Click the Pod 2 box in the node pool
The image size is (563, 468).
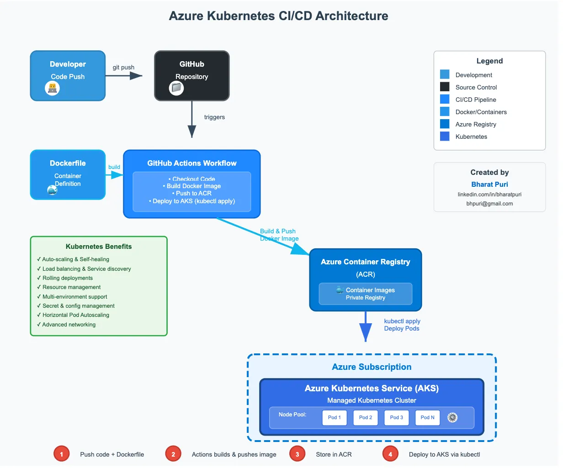(366, 417)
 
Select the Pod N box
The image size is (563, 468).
(428, 417)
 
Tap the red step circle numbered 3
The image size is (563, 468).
(297, 454)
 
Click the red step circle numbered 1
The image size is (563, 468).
(61, 454)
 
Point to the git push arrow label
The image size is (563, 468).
(123, 67)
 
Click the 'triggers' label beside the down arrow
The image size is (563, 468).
(214, 117)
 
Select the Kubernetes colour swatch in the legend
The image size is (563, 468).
(445, 137)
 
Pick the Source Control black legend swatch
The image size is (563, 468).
(445, 87)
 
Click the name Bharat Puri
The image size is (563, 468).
(489, 184)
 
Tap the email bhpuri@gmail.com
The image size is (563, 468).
(489, 204)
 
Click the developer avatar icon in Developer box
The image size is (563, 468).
(53, 88)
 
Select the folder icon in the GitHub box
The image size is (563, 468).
(176, 88)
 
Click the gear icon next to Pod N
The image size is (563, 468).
(452, 417)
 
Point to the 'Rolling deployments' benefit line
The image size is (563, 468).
(67, 278)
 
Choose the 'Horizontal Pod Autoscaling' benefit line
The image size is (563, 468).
(75, 315)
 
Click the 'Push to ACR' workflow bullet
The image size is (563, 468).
(192, 193)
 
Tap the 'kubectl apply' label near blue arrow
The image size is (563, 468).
(402, 321)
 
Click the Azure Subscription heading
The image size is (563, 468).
(372, 367)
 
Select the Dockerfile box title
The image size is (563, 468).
(68, 163)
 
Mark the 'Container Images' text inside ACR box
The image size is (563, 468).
(370, 290)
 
